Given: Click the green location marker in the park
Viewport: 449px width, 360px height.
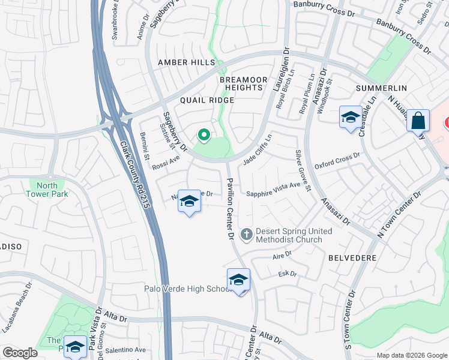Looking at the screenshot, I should point(203,135).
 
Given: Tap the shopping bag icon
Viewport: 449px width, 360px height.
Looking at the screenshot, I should point(418,121).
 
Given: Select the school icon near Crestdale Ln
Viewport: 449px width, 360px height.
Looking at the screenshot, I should point(350,118).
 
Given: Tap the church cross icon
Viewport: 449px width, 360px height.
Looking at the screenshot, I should point(246,234).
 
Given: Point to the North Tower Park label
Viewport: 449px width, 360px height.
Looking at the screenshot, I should point(47,190).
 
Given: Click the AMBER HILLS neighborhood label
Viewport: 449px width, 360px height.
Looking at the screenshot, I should point(186,62).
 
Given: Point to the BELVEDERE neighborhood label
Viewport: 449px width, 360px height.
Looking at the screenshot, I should point(352,257).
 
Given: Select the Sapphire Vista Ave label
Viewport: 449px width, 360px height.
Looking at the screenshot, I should point(273,194).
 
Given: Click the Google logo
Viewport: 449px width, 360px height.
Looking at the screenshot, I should point(20,353).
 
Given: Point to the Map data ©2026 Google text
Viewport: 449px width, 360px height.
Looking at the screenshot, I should point(411,355).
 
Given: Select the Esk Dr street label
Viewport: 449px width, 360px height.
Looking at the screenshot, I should point(288,274).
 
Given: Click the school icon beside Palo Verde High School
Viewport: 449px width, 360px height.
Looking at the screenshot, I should point(238,280).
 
